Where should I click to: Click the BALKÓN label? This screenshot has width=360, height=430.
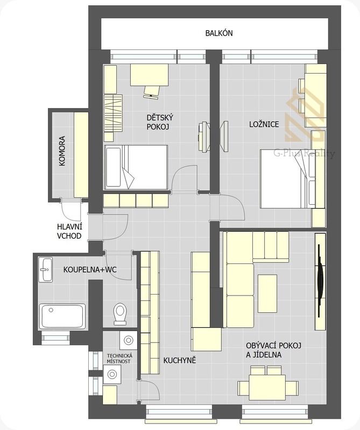coord(219,33)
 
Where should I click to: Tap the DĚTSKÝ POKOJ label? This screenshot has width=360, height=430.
coord(160,123)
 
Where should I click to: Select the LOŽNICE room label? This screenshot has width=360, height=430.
coord(264,124)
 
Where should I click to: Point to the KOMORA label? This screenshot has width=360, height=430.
coord(62,151)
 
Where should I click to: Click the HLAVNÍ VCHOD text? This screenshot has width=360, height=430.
coord(69,232)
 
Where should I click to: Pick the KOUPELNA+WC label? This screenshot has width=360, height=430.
coord(90,270)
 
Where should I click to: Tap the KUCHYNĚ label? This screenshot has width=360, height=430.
coord(180,360)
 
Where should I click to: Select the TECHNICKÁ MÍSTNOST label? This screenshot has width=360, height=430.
coord(119,359)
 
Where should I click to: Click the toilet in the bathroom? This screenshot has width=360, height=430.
coord(120,314)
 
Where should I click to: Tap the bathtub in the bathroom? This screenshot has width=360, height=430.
coord(62,316)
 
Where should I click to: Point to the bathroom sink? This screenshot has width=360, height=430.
coord(45,270)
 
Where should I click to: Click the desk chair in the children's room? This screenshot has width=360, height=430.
coord(152,92)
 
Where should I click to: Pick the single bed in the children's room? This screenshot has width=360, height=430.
coord(136,167)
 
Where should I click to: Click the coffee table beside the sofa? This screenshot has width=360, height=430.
coord(267,293)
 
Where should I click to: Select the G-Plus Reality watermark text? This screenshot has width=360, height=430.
coord(304,154)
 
